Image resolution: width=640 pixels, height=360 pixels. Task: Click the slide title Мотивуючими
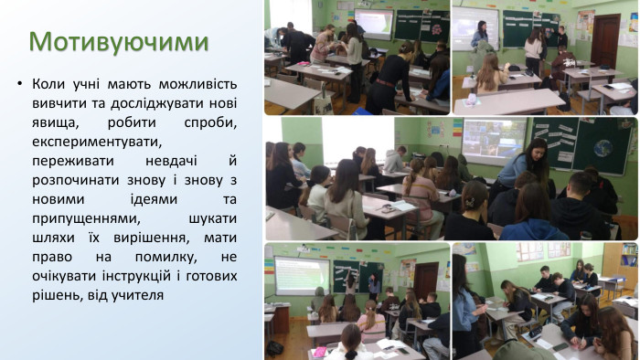pos(119,41)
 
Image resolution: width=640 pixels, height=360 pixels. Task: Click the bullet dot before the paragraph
pos(18,85)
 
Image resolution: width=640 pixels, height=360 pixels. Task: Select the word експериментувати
pos(96,142)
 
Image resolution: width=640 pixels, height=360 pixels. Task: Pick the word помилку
pos(180,257)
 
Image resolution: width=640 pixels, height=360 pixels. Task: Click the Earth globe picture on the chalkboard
pos(603,148)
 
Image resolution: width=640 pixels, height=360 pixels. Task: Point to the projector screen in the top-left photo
pos(372,22)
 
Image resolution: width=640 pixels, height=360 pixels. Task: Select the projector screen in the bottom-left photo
pos(301,273)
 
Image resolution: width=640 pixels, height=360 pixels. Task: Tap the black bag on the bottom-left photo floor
pos(274,348)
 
